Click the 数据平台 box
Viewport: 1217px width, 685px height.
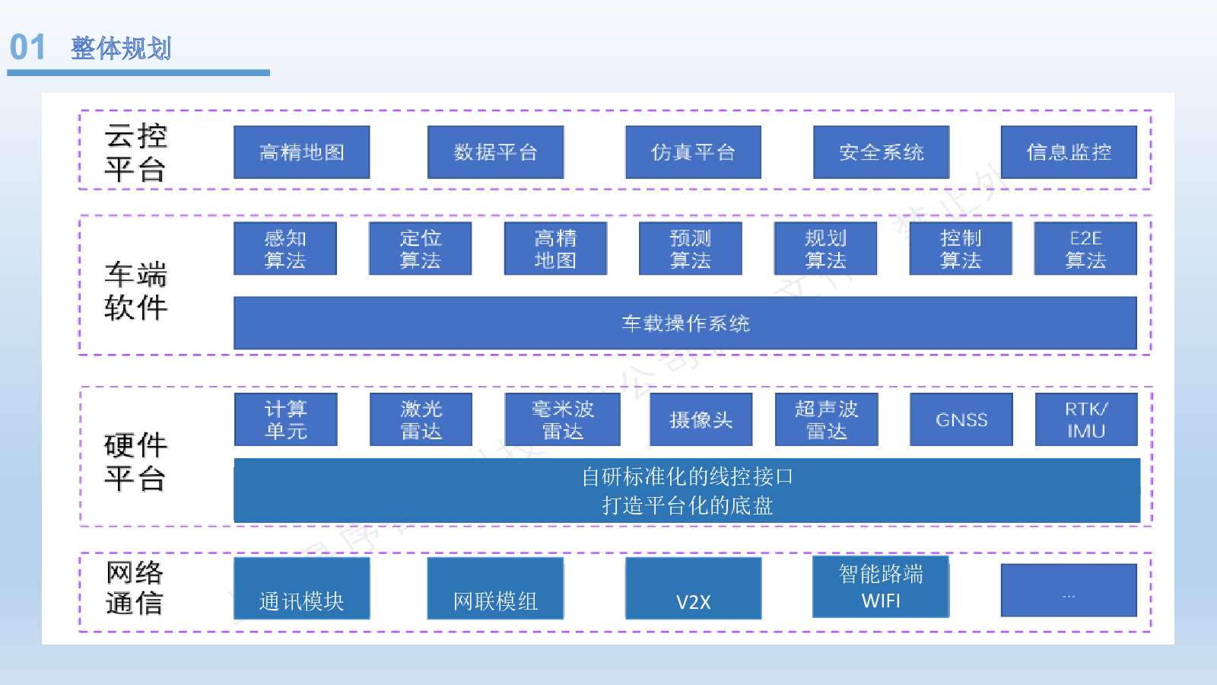point(495,152)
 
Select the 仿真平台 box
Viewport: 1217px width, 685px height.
point(693,152)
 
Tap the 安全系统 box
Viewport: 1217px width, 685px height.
point(882,152)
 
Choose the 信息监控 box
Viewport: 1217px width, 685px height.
point(1069,152)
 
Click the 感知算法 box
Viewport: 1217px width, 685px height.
point(285,248)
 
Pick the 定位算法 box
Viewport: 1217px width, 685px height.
point(420,248)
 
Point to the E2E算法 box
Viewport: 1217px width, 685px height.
point(1085,248)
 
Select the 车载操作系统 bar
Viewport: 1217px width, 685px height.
point(685,323)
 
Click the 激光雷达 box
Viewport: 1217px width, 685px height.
point(421,419)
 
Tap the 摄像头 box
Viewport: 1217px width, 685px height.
point(701,419)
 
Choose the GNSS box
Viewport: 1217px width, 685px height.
point(961,419)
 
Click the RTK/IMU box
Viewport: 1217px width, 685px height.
point(1086,419)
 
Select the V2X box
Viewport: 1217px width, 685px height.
point(693,588)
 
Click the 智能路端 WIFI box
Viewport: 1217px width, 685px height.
point(881,587)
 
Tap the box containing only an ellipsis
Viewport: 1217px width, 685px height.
point(1069,591)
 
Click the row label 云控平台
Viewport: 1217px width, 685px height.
point(135,153)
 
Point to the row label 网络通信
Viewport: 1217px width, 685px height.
point(134,588)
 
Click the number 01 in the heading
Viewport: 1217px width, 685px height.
point(27,47)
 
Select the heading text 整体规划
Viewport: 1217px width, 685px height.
point(121,49)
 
